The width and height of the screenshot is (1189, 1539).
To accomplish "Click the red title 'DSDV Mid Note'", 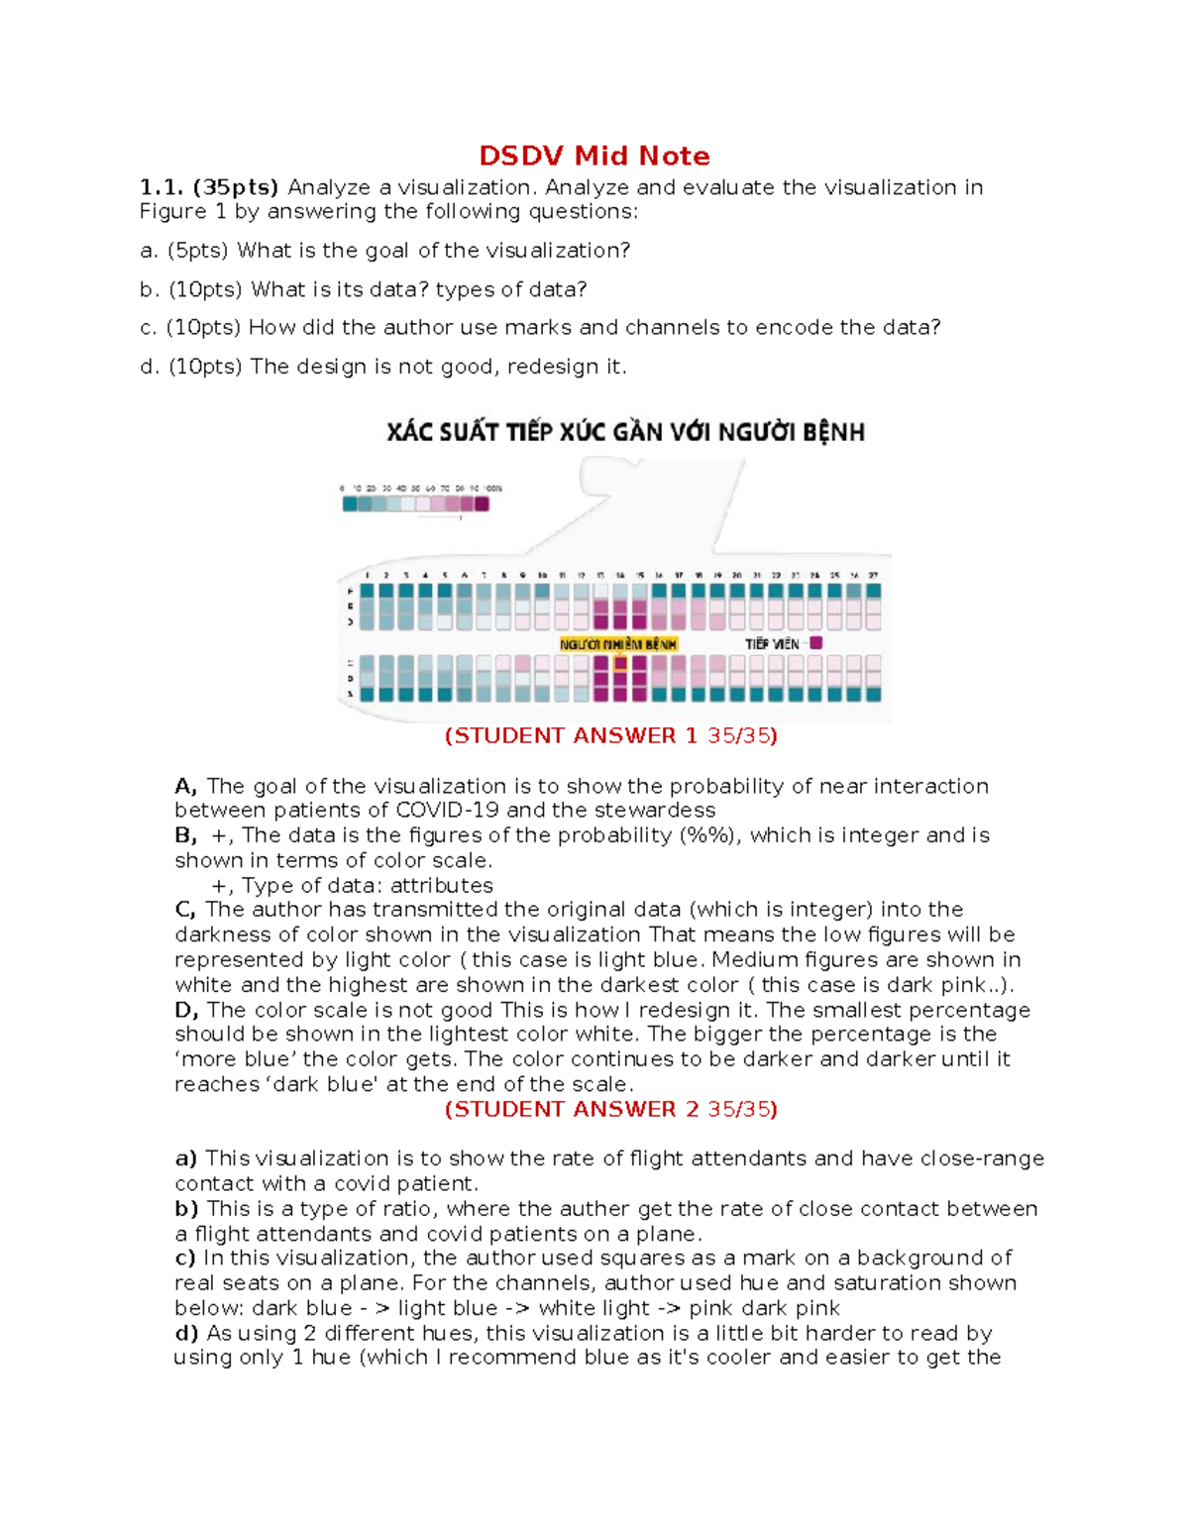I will point(594,156).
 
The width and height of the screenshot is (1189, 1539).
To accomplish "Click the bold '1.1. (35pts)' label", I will point(209,187).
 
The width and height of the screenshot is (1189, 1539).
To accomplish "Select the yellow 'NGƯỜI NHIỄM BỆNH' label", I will point(618,644).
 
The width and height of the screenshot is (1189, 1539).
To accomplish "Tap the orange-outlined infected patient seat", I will point(620,663).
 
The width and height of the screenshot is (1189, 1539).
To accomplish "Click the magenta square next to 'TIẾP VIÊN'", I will point(815,643).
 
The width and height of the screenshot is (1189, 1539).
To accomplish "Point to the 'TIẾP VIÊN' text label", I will point(772,644).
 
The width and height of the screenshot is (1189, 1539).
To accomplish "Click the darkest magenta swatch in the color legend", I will point(482,503).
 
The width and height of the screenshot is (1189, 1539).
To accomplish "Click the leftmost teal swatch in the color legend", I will point(349,503).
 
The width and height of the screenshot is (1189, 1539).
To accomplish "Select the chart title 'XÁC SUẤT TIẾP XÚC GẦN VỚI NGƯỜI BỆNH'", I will point(625,432).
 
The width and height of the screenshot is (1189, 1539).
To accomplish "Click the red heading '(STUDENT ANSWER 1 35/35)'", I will point(610,735).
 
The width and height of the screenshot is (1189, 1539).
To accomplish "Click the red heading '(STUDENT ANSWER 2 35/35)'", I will point(610,1109).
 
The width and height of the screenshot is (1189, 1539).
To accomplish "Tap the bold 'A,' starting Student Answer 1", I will point(186,786).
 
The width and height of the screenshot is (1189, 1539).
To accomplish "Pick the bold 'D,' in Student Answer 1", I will point(187,1010).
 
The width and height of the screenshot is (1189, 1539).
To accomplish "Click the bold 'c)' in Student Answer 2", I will point(185,1258).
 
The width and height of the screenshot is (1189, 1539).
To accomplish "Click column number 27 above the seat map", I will point(873,575).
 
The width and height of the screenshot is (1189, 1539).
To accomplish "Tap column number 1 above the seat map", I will point(368,575).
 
